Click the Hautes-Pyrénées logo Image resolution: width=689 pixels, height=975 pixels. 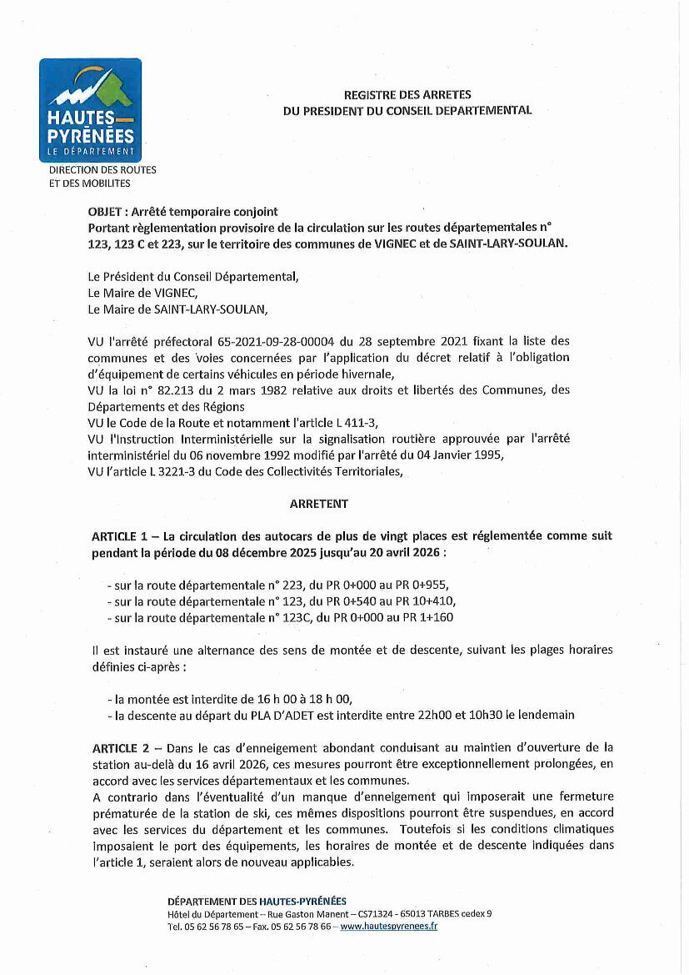[x=90, y=110]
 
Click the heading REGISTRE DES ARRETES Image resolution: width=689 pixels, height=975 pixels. [x=407, y=95]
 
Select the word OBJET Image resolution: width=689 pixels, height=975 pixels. [x=105, y=212]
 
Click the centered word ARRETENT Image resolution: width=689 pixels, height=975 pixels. [x=319, y=504]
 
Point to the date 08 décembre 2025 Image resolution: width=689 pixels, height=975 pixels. [x=256, y=552]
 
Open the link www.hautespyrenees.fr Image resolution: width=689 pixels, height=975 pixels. [x=389, y=926]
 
